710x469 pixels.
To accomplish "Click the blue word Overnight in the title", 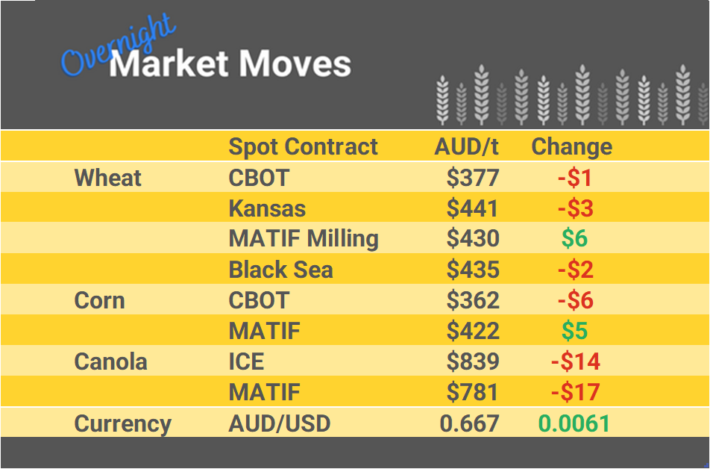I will click(118, 47).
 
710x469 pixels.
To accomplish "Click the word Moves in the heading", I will click(294, 64).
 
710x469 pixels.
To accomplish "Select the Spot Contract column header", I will click(303, 146).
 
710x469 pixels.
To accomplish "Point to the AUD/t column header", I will click(466, 146).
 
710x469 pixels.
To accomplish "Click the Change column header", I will click(571, 146).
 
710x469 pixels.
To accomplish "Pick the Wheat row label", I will click(108, 178).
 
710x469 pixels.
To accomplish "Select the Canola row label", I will click(111, 361).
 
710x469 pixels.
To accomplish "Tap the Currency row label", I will click(123, 423).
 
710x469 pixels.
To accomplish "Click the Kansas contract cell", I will click(267, 208).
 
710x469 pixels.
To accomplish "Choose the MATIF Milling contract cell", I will click(304, 239).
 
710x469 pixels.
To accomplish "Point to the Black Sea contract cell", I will click(280, 270).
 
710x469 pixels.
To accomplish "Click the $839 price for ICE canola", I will click(473, 361).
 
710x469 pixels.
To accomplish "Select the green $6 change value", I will click(574, 239).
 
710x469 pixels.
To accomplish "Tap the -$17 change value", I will click(575, 392).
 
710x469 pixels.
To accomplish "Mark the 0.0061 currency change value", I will click(574, 423).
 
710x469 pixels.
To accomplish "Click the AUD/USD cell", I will click(279, 423).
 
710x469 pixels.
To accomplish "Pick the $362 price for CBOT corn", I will click(473, 300).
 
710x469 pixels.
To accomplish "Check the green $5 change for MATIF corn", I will click(574, 331).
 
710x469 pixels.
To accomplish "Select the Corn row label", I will click(99, 300).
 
